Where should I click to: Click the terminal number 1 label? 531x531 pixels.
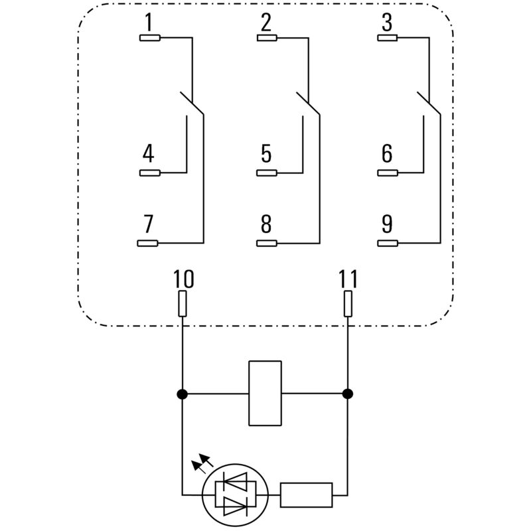tap(149, 23)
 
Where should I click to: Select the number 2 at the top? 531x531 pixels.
tap(266, 23)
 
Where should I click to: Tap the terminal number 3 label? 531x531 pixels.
tap(387, 23)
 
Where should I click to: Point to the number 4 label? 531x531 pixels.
tap(149, 154)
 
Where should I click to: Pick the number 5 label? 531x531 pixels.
tap(266, 154)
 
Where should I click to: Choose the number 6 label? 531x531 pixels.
tap(387, 154)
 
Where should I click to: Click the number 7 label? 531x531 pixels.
tap(149, 224)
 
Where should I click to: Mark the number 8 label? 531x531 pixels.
tap(266, 224)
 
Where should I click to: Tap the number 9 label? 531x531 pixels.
tap(387, 224)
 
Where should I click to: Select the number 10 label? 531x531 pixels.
tap(183, 279)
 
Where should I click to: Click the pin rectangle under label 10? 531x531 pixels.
tap(183, 305)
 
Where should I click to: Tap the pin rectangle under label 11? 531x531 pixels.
tap(348, 305)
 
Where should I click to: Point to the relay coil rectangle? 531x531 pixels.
tap(265, 393)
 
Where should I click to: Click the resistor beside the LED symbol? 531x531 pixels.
tap(306, 494)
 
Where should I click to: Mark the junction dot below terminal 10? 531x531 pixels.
tap(183, 394)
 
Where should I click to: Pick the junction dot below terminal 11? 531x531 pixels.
tap(348, 394)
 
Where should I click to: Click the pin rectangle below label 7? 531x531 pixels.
tap(148, 243)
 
